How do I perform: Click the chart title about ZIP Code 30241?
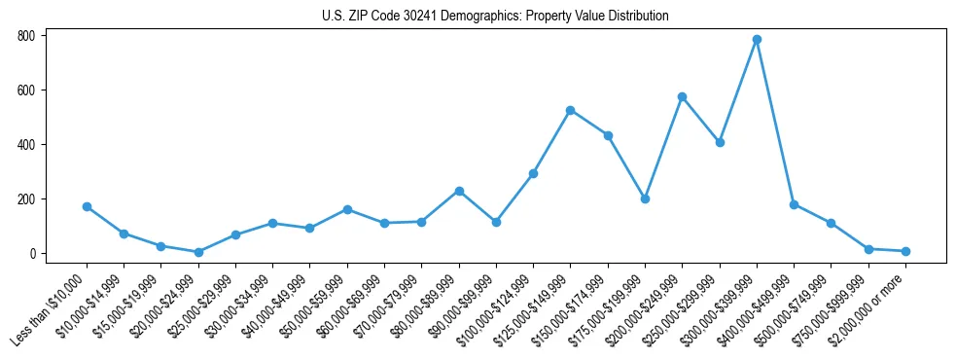pyautogui.click(x=495, y=16)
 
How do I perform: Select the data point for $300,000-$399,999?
pyautogui.click(x=757, y=40)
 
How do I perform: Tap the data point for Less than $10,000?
pyautogui.click(x=87, y=206)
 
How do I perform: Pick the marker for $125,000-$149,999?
pyautogui.click(x=571, y=110)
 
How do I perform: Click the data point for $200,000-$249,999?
pyautogui.click(x=683, y=96)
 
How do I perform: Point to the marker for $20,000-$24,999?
pyautogui.click(x=198, y=252)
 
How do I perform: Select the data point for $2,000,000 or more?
pyautogui.click(x=905, y=251)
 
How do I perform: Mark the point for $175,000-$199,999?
pyautogui.click(x=645, y=198)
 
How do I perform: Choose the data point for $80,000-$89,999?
pyautogui.click(x=459, y=191)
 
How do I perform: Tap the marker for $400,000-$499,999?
pyautogui.click(x=794, y=204)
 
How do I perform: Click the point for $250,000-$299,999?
pyautogui.click(x=720, y=142)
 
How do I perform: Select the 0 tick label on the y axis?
pyautogui.click(x=32, y=254)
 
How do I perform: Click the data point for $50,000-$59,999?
pyautogui.click(x=347, y=209)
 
